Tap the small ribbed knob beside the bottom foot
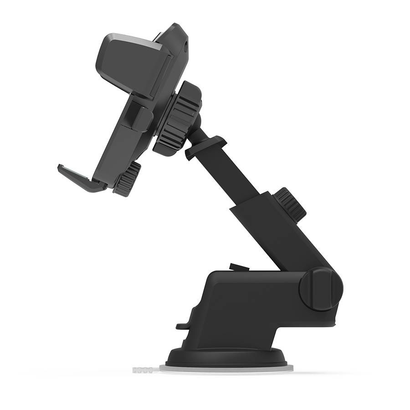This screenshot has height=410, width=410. click(x=128, y=179)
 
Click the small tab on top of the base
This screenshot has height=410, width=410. click(x=239, y=267)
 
